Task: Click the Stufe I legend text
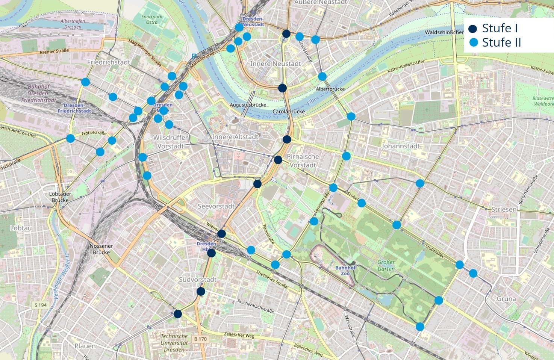pos(500,28)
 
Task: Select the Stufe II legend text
pos(501,42)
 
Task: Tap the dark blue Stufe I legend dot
pos(473,29)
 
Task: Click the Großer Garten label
pos(386,265)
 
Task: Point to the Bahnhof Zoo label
pos(345,271)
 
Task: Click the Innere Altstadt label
pos(235,137)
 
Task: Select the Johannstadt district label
pos(400,146)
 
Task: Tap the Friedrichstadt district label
pos(109,62)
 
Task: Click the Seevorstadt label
pos(216,206)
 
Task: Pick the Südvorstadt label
pos(198,280)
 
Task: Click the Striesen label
pos(504,209)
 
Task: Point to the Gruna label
pos(506,299)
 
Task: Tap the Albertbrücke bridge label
pos(330,89)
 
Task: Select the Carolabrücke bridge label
pos(289,112)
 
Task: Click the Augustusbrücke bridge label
pos(248,105)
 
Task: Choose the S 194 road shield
pos(41,305)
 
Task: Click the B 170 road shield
pos(200,339)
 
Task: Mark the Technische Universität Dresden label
pos(174,343)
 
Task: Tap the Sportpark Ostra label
pos(152,20)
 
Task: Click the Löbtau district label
pos(21,228)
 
